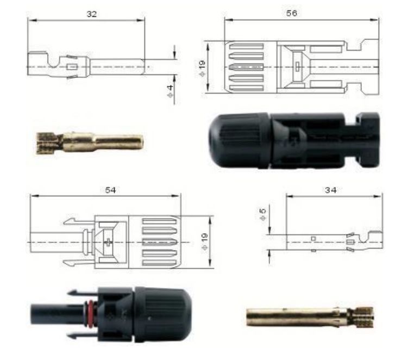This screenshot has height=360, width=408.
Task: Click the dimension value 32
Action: (x=91, y=14)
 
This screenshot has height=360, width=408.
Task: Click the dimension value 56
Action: (x=291, y=13)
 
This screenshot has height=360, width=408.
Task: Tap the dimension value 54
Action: (x=110, y=190)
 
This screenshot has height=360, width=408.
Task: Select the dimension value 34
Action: (x=330, y=190)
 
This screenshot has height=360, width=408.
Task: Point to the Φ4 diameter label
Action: (x=170, y=91)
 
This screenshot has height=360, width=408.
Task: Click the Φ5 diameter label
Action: (x=263, y=214)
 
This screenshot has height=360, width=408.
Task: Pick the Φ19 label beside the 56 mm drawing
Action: (x=202, y=69)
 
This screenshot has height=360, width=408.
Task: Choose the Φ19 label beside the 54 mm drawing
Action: (x=204, y=242)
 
